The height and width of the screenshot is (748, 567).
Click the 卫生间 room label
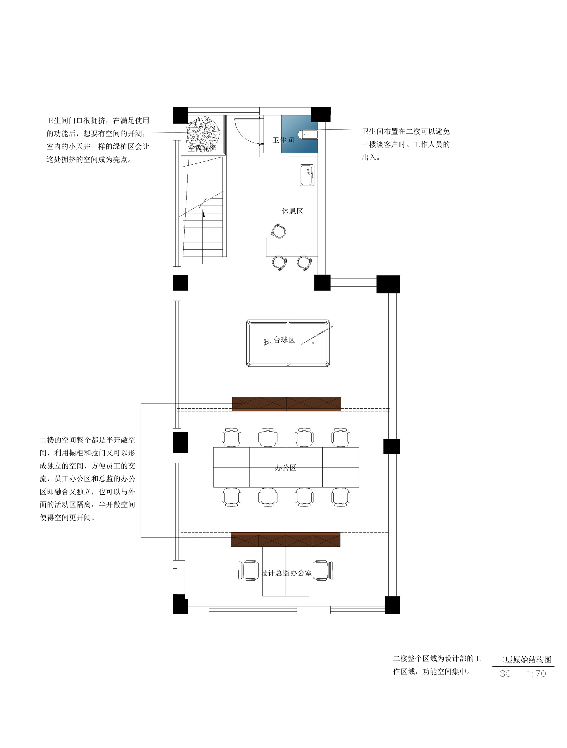[x=283, y=140]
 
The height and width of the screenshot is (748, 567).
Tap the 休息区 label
[x=292, y=211]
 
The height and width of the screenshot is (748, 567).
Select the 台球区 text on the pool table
[x=284, y=340]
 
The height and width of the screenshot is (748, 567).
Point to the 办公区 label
[x=285, y=468]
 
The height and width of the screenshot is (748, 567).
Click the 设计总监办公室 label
[x=286, y=573]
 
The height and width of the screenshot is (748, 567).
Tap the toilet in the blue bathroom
[x=310, y=134]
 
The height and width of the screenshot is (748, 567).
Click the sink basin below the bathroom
[x=307, y=175]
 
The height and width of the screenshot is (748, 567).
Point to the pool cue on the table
[x=317, y=335]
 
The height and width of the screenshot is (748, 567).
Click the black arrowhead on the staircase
[x=204, y=213]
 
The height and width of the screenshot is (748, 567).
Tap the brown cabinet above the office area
[x=287, y=404]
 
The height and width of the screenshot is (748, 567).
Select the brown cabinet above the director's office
[x=285, y=539]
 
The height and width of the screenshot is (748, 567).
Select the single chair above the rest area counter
[x=278, y=231]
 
